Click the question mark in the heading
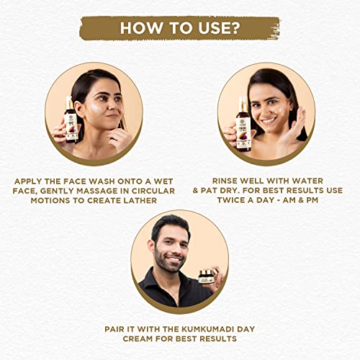tap(235, 28)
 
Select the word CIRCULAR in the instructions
tap(153, 191)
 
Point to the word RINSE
tap(225, 181)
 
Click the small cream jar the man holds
tap(207, 276)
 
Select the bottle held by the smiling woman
tap(244, 125)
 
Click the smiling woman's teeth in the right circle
tap(269, 120)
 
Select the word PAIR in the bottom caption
tap(114, 329)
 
